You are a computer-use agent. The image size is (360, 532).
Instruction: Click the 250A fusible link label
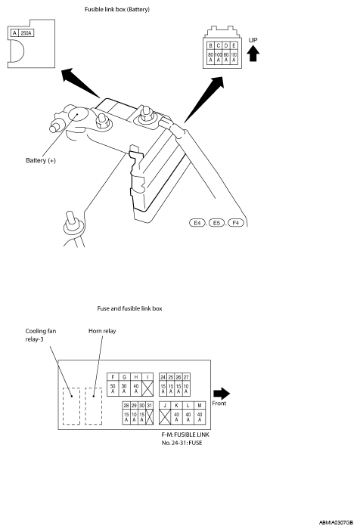tap(26, 33)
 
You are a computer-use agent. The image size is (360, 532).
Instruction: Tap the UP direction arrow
tap(253, 54)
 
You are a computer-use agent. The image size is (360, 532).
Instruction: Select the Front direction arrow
tap(222, 394)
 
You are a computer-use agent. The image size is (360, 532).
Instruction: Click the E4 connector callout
tap(197, 223)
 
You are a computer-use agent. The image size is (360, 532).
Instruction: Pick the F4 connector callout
tap(236, 223)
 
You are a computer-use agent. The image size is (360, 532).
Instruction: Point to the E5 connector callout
tap(216, 223)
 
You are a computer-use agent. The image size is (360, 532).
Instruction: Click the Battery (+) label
tap(40, 160)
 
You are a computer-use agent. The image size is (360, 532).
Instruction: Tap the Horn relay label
tap(102, 331)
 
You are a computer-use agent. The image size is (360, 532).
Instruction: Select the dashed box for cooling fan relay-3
tap(71, 406)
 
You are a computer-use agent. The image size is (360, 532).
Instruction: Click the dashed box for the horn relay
tap(93, 406)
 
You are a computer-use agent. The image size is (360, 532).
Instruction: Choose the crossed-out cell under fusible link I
tap(147, 388)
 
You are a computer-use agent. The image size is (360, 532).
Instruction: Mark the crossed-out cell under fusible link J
tap(165, 416)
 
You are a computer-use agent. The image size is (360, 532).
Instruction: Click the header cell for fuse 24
tap(163, 377)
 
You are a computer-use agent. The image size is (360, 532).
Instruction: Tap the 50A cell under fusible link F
tap(113, 388)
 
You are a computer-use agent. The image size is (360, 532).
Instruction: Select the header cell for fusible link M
tap(200, 406)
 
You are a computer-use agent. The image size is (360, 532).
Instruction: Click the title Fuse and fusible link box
tap(130, 308)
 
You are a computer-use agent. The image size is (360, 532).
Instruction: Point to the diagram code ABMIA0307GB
tap(336, 523)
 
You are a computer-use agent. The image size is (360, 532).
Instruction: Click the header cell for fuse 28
tap(126, 406)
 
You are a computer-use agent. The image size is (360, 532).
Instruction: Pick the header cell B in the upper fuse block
tap(210, 45)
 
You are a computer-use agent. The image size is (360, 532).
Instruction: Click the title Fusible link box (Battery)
tap(117, 9)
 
